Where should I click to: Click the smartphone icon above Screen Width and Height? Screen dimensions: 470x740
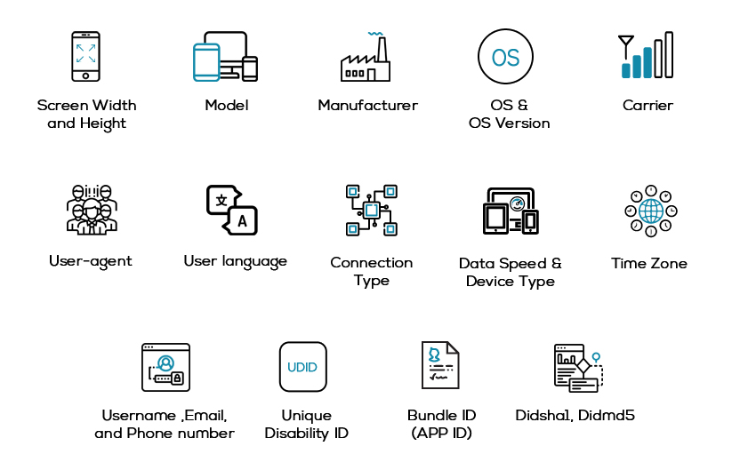(x=86, y=56)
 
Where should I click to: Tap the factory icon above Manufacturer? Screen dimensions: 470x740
(x=366, y=58)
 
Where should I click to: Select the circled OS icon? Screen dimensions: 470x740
(x=505, y=58)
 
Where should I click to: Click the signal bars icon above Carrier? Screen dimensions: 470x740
(x=646, y=56)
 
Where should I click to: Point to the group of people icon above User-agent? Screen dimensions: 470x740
(x=91, y=210)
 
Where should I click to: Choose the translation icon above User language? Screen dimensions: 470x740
(x=232, y=210)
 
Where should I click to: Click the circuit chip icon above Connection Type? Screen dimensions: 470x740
(x=371, y=211)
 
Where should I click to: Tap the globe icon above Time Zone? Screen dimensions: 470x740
(x=650, y=211)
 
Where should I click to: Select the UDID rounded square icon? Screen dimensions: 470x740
(x=302, y=367)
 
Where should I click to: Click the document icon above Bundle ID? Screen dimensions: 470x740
(x=440, y=366)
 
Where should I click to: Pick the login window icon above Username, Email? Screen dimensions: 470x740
(x=165, y=367)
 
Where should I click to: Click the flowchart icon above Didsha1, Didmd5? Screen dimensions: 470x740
(x=578, y=367)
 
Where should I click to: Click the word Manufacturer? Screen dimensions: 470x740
(x=367, y=105)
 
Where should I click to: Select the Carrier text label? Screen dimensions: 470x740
(x=647, y=105)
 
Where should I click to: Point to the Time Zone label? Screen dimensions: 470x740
(x=649, y=263)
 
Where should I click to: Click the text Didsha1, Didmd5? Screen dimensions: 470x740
(x=575, y=415)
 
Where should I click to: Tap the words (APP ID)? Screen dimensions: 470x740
(x=441, y=434)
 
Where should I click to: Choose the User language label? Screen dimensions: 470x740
(x=235, y=261)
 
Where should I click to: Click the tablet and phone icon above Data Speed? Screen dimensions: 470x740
(x=511, y=211)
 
